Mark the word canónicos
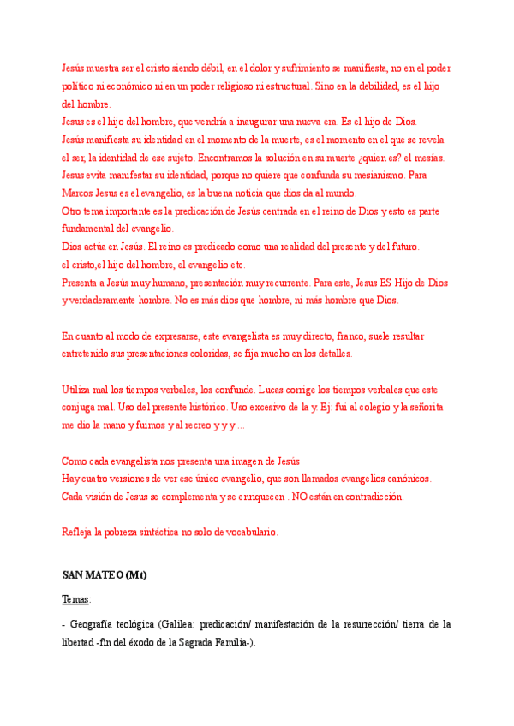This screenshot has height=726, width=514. (x=406, y=479)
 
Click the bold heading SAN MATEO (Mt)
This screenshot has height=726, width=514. (x=105, y=575)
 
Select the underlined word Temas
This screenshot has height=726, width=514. (x=75, y=599)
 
